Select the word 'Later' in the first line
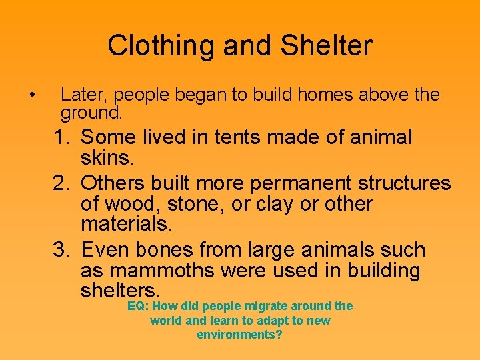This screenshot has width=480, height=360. click(80, 95)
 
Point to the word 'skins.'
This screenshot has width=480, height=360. click(107, 159)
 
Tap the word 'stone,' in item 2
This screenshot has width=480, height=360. click(194, 204)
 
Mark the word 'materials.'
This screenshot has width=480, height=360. click(126, 225)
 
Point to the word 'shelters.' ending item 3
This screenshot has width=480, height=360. click(121, 291)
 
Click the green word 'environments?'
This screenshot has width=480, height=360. click(239, 335)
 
